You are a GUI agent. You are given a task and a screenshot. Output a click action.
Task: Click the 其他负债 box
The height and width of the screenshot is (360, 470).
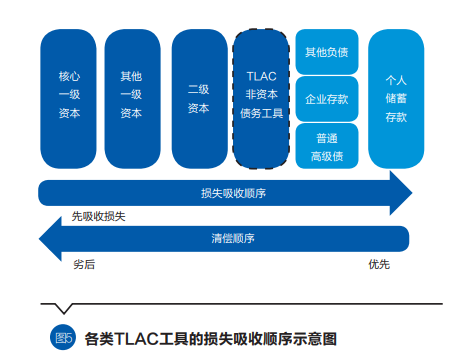327,51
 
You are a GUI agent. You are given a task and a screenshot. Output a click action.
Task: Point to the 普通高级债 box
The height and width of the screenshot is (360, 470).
327,145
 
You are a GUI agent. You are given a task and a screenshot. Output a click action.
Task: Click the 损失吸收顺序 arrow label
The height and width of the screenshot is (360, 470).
224,192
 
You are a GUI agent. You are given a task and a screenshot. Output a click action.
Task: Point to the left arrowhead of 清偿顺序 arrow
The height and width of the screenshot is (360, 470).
47,240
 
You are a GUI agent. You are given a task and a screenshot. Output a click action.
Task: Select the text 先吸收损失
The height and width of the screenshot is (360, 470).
98,216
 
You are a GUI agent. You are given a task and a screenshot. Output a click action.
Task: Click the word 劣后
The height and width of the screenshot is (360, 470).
84,264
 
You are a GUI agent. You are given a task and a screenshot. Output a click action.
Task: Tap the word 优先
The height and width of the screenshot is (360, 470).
379,264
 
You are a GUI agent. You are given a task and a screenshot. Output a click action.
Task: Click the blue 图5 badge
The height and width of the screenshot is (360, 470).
64,336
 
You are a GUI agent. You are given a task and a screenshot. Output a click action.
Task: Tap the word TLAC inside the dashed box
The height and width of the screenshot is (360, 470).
263,74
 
